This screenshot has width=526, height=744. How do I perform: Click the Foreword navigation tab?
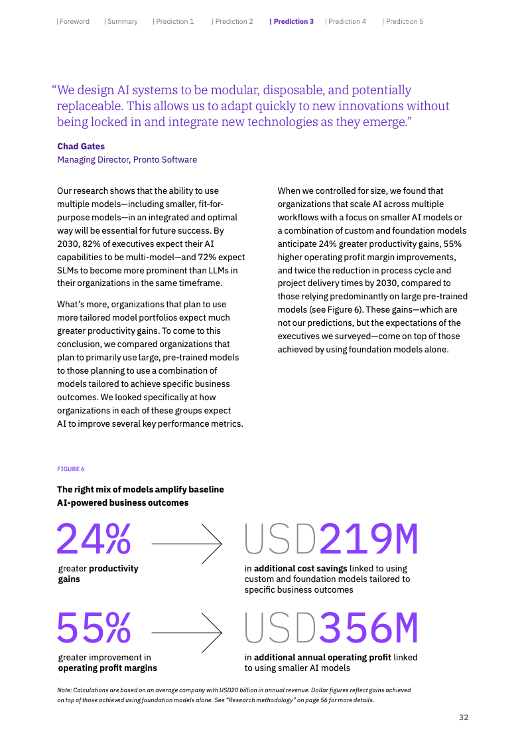coord(73,21)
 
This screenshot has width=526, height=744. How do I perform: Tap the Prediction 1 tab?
coord(174,21)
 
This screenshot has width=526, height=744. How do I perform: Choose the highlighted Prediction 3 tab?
coord(292,21)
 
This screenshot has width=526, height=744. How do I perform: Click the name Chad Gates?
coord(81,146)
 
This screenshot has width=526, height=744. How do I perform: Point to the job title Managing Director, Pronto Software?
coord(127,159)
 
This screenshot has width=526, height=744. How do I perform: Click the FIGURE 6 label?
coord(71,469)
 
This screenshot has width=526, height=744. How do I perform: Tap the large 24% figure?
coord(94,538)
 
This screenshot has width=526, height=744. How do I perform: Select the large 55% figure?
coord(94,627)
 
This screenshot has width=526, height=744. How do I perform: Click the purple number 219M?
coord(369,540)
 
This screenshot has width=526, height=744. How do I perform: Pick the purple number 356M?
coord(369,628)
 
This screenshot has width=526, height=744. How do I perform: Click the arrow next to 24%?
coord(186,544)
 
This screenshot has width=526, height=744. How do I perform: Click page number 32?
coord(464,717)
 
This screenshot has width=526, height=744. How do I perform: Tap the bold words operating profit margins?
coord(107,668)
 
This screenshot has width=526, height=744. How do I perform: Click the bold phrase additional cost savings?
coord(300,568)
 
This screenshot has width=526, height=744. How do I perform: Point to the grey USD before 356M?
coord(281,628)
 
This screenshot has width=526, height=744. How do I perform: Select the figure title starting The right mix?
coord(140,496)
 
